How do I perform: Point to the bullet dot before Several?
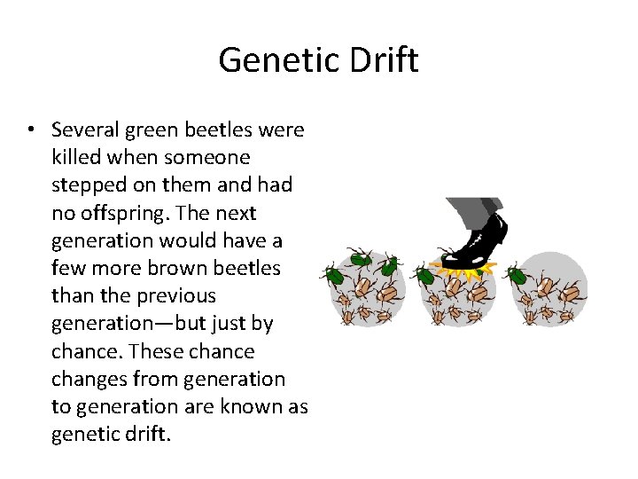click(x=30, y=130)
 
